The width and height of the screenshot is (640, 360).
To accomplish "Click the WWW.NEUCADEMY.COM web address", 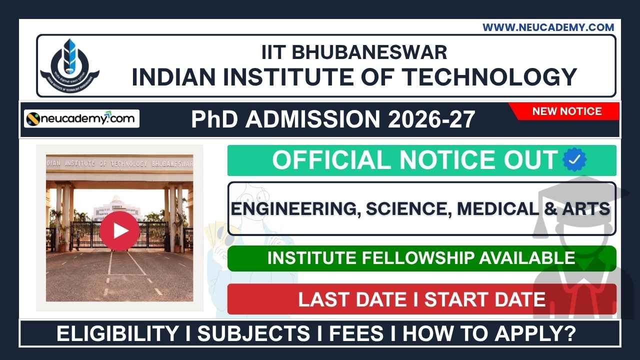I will point(548,27).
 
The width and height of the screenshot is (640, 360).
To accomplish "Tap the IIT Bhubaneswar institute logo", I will point(70,65).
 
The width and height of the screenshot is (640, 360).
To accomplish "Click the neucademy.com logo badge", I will point(82,119).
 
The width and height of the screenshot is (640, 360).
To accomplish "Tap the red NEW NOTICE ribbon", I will point(566,111).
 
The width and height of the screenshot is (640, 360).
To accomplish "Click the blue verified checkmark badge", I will point(574,160).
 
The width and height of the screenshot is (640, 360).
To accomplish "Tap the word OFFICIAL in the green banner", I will point(332,160).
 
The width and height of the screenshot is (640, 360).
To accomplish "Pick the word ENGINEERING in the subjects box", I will point(295,208).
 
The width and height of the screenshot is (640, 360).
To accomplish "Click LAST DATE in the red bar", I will point(352,299).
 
